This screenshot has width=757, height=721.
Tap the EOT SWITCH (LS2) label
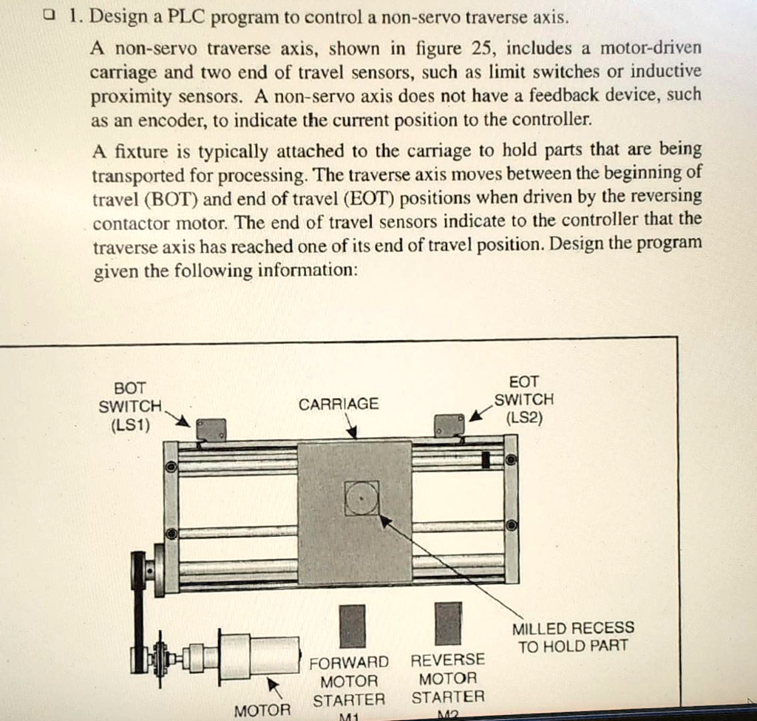(x=524, y=399)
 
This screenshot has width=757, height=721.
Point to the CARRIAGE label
(x=339, y=404)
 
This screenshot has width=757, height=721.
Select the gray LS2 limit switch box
(x=449, y=426)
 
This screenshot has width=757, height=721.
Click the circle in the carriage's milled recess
(x=361, y=498)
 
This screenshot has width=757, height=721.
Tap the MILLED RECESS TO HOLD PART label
(x=573, y=637)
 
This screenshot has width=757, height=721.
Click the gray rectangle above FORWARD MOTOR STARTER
(x=352, y=625)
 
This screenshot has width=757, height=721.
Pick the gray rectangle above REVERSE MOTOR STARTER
(x=448, y=623)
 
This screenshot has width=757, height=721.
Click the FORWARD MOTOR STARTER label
(x=349, y=680)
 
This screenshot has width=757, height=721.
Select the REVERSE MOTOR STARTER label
(x=448, y=678)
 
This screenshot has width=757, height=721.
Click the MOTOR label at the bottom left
(x=262, y=711)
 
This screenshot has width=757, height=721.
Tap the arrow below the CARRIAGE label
(x=352, y=427)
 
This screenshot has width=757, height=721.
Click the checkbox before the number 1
(x=48, y=15)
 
